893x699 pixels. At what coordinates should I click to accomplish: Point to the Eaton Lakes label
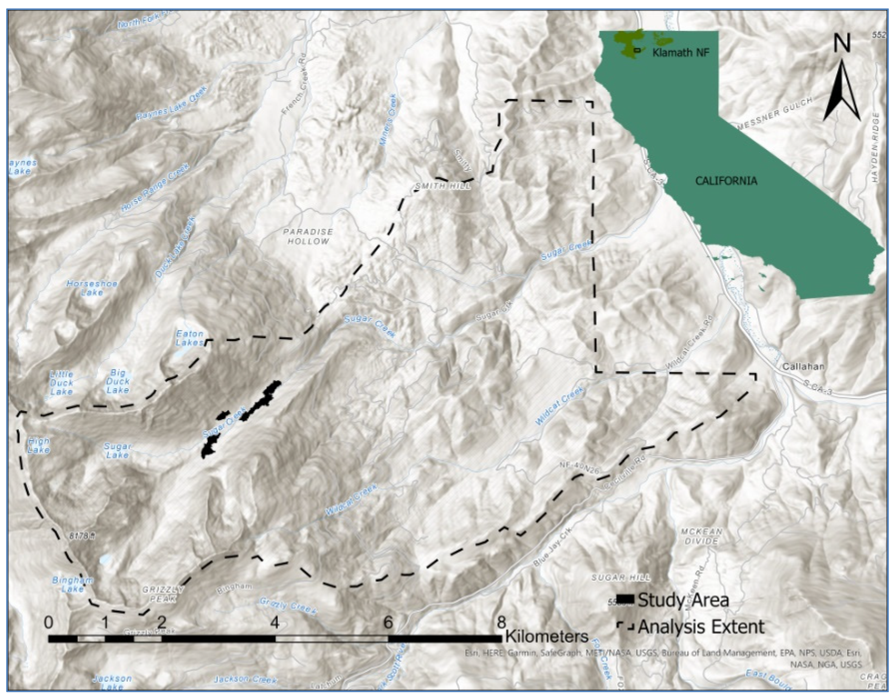(x=190, y=338)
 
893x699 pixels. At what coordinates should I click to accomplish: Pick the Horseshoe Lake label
(x=92, y=288)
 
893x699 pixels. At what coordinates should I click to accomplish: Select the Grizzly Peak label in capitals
(x=162, y=594)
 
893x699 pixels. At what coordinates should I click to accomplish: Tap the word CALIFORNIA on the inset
(x=726, y=181)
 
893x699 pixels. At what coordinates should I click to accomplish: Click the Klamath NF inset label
(x=681, y=53)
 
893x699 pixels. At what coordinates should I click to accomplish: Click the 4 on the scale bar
(x=275, y=623)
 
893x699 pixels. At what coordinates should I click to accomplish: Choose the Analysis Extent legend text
(x=701, y=627)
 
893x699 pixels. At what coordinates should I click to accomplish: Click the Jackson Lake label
(x=112, y=682)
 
